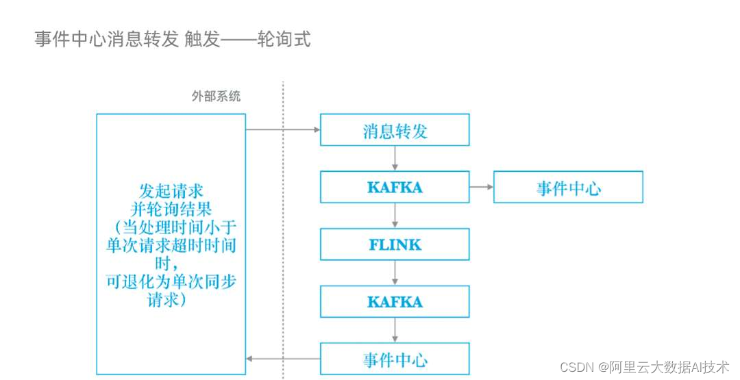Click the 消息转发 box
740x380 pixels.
point(395,130)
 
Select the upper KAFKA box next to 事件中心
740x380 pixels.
point(395,187)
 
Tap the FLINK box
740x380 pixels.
point(395,244)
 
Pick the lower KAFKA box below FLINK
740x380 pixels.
point(395,301)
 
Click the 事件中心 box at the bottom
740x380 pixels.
point(395,359)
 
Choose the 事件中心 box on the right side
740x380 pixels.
point(568,187)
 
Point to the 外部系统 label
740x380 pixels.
point(216,97)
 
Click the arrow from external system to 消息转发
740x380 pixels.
point(282,129)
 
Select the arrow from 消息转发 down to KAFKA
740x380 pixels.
point(395,158)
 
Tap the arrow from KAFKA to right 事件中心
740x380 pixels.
point(481,187)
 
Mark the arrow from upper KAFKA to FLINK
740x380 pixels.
point(395,215)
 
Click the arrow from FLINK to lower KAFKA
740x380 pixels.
point(395,273)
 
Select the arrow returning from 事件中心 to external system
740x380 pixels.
point(283,359)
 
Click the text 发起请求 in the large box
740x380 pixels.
point(171,190)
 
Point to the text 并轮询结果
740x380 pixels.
point(171,208)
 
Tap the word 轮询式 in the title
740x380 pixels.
point(284,40)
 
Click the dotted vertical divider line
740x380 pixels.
point(283,226)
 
